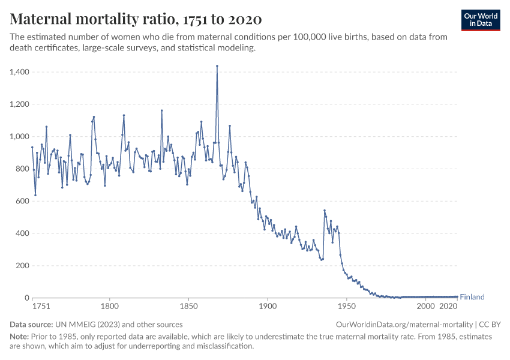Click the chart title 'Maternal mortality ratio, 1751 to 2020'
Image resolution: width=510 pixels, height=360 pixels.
point(136,19)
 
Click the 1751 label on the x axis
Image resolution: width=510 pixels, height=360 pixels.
point(41,307)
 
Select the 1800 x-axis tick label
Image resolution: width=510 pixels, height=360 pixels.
point(110,307)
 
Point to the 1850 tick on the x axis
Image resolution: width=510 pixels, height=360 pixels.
point(188,307)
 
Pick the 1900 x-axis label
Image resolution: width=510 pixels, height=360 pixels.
point(268,307)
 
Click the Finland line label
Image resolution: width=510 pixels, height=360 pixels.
point(472,297)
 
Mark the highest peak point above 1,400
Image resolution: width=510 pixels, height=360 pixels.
point(217,66)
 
